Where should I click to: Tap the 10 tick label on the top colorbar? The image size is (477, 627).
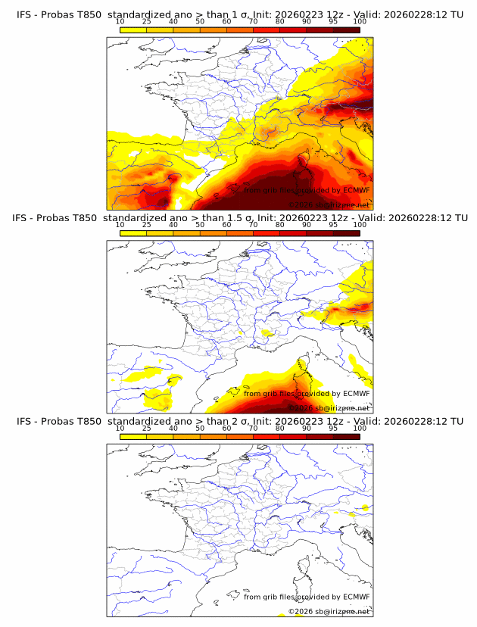(x=120, y=21)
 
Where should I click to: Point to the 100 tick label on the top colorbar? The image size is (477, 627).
(x=360, y=21)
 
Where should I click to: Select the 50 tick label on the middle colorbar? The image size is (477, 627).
(x=200, y=225)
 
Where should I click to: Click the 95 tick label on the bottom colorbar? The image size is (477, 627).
(x=333, y=429)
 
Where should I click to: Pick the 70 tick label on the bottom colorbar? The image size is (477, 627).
(x=253, y=429)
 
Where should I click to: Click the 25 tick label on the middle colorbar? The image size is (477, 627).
(x=146, y=225)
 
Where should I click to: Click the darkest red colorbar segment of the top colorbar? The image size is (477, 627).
(x=346, y=30)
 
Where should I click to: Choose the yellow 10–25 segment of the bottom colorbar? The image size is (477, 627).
(x=133, y=437)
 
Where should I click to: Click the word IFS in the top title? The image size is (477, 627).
(x=24, y=14)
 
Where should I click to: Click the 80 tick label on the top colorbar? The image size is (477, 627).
(x=280, y=21)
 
